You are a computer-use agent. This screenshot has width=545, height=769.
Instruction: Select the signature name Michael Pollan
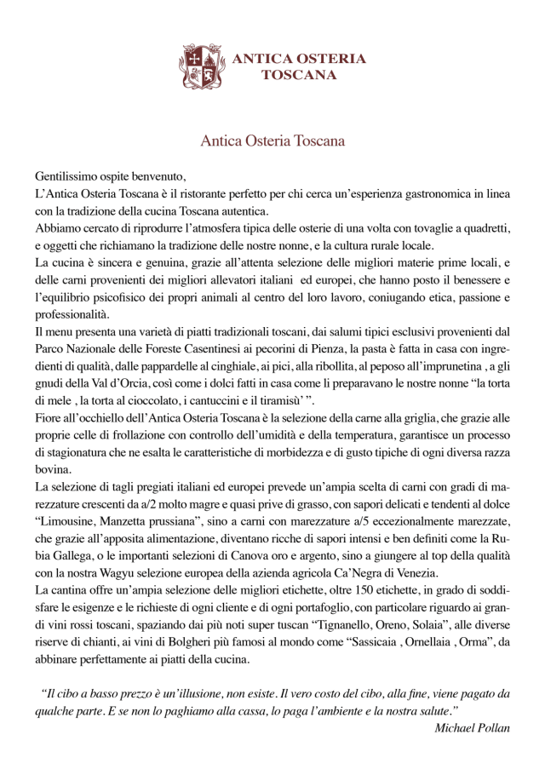coord(471,727)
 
